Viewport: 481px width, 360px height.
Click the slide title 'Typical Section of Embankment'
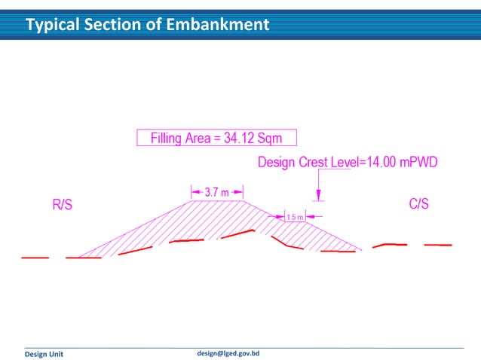coord(147,25)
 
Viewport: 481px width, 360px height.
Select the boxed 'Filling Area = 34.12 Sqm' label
coord(216,138)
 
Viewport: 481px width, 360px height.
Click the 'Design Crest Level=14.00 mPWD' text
coord(348,162)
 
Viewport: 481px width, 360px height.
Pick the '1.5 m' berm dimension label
coord(294,217)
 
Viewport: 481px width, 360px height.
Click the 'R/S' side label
coord(62,205)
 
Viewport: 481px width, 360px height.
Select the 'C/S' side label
coord(419,204)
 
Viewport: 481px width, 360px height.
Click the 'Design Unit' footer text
coord(45,353)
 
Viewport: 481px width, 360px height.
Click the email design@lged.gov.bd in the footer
coord(228,352)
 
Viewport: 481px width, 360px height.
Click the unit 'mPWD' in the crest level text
coord(418,162)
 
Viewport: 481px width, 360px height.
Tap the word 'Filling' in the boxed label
coord(170,138)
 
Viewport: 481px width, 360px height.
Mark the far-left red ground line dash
coord(35,258)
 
